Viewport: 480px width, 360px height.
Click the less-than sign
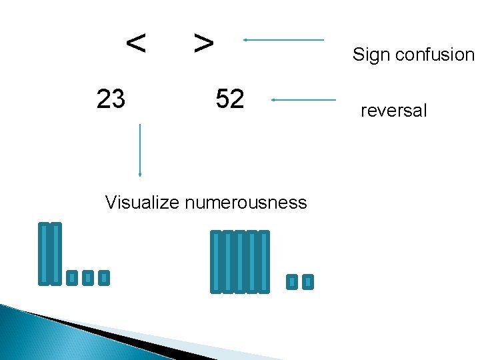[x=136, y=44]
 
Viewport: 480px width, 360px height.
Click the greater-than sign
[x=203, y=44]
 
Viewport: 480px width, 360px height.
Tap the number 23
[x=111, y=99]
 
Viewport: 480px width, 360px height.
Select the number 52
[x=230, y=99]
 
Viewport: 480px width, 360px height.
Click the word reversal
[x=393, y=111]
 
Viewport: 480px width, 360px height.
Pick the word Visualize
[x=142, y=202]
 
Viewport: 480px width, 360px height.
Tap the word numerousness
[x=245, y=202]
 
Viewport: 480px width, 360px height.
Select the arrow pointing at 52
[x=304, y=100]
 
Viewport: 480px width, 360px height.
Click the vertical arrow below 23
[x=140, y=150]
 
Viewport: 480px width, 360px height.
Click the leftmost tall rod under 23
[x=45, y=254]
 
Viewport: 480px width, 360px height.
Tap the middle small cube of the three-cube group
[x=87, y=277]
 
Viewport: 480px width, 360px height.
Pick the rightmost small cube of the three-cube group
[x=103, y=277]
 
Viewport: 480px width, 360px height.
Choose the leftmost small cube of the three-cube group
[x=72, y=277]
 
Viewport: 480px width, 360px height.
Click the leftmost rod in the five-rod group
[x=216, y=261]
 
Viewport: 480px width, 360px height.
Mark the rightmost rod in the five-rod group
[x=264, y=261]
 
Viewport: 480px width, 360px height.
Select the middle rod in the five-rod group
[x=240, y=261]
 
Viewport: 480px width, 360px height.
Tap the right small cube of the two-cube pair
[x=307, y=282]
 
